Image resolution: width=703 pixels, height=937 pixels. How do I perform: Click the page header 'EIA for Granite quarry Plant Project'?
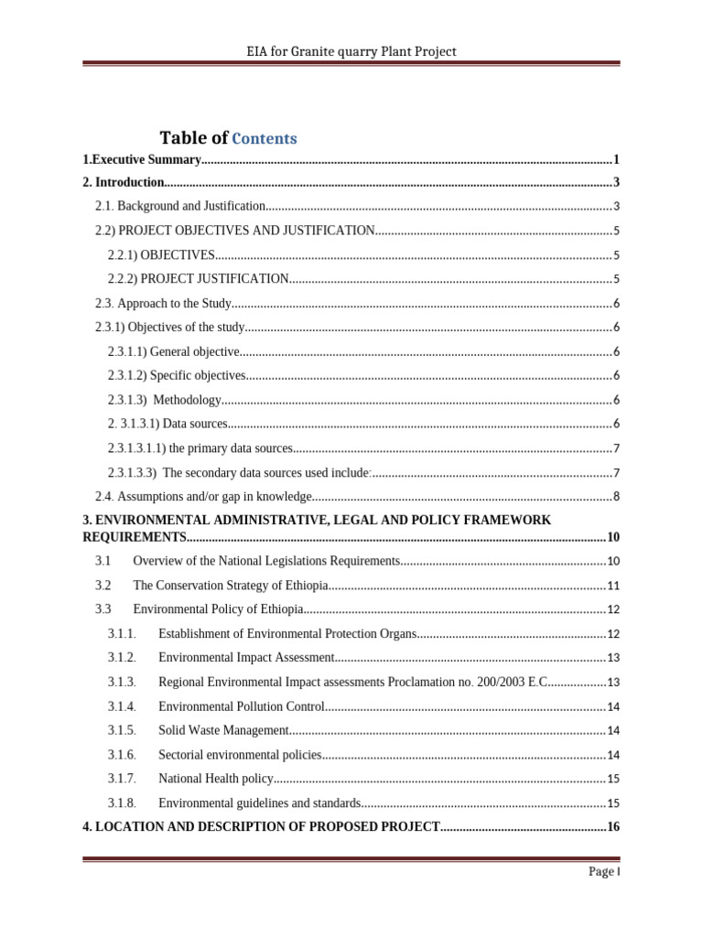pyautogui.click(x=351, y=51)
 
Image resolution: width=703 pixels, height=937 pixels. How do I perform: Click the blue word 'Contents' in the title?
pyautogui.click(x=265, y=139)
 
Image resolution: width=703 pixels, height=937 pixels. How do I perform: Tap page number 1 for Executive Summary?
pyautogui.click(x=617, y=159)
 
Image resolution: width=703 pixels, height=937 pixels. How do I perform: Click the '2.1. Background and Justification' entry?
pyautogui.click(x=180, y=207)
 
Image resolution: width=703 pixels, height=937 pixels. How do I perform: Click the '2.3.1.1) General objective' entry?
pyautogui.click(x=174, y=351)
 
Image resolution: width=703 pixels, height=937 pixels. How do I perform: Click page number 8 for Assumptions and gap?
pyautogui.click(x=617, y=497)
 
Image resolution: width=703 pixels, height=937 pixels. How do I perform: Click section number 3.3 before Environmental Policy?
pyautogui.click(x=103, y=609)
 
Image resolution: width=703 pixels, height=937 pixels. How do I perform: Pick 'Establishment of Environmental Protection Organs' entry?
pyautogui.click(x=287, y=634)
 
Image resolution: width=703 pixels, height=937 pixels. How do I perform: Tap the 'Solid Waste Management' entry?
pyautogui.click(x=223, y=730)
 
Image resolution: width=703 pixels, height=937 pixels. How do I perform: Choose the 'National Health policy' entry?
pyautogui.click(x=216, y=779)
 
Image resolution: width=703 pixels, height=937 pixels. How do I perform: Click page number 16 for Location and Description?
pyautogui.click(x=613, y=827)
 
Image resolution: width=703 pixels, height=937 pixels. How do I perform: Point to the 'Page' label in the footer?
pyautogui.click(x=600, y=872)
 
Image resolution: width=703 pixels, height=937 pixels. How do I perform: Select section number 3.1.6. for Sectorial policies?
pyautogui.click(x=122, y=755)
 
